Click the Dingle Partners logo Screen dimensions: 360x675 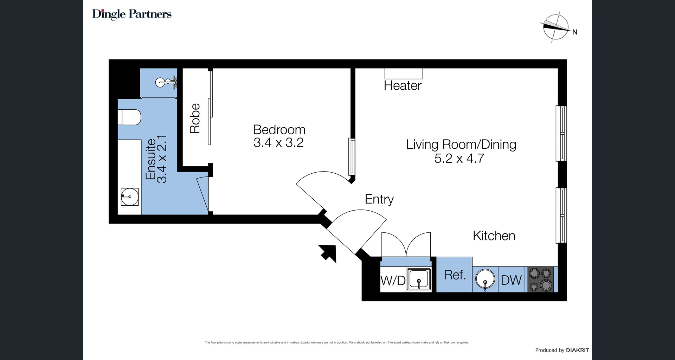132,14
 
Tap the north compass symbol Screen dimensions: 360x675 556,27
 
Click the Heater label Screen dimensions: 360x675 403,85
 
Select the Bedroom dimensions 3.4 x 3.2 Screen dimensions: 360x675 278,143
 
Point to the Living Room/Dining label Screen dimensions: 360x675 461,144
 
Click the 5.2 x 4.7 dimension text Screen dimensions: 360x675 459,159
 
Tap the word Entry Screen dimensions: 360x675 379,199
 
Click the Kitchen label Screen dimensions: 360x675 494,236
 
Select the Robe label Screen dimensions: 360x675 195,118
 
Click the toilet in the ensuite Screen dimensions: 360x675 129,117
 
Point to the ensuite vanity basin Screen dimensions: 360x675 130,197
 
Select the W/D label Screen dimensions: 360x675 393,281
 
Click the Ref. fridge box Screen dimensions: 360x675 455,275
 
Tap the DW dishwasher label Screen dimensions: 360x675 511,281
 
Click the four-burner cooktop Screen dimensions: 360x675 540,279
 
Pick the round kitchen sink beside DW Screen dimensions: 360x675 485,279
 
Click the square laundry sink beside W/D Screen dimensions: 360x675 419,279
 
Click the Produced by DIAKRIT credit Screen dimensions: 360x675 561,350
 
